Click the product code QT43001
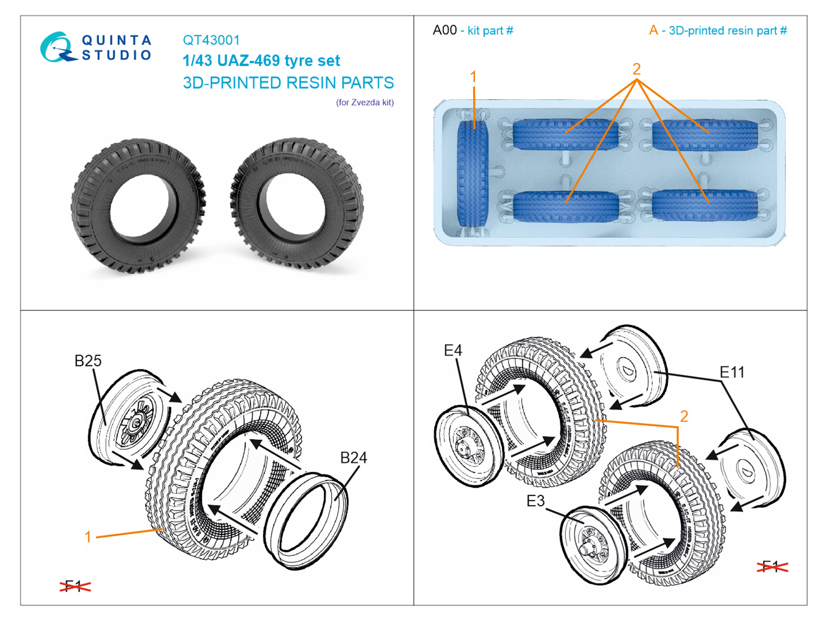(211, 40)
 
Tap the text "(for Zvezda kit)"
(364, 102)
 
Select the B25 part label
(88, 361)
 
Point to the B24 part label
(353, 458)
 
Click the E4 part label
(453, 350)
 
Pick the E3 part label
(535, 501)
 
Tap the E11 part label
(732, 372)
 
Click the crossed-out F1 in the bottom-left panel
(75, 586)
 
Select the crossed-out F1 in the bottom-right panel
(772, 566)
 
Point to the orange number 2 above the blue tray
(636, 69)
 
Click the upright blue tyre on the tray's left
(472, 171)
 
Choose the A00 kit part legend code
(445, 30)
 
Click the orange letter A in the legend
(653, 30)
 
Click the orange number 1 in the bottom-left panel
(88, 537)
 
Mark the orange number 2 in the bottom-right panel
(684, 416)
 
